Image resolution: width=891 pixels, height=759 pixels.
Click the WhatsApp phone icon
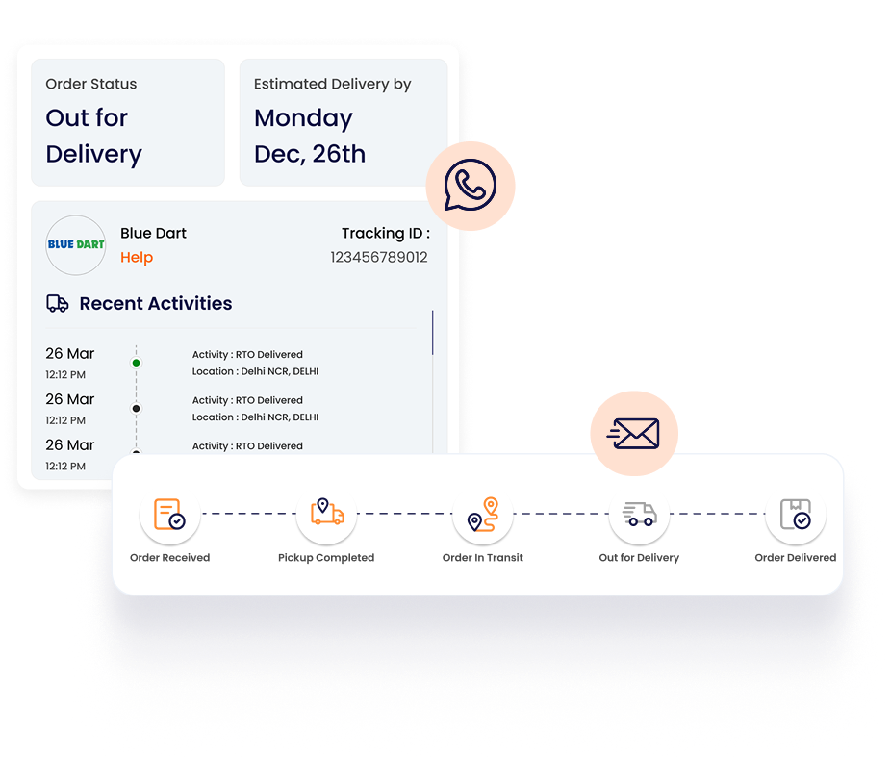[471, 186]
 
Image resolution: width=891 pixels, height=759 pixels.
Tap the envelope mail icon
[633, 434]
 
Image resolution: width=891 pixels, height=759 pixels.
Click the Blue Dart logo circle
[76, 244]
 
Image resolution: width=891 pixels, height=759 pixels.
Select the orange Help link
[137, 257]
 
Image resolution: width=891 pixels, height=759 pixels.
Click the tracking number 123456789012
[379, 257]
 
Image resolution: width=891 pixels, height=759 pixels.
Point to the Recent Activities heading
[155, 303]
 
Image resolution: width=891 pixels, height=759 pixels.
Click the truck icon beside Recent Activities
[58, 304]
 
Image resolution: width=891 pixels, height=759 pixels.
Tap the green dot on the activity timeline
[136, 363]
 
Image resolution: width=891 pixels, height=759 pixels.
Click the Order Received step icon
[169, 514]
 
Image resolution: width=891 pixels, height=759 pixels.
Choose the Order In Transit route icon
[483, 514]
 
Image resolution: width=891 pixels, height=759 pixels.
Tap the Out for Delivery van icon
[639, 514]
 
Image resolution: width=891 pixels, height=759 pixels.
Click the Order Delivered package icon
[796, 514]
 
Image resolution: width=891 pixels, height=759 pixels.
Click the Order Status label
[91, 84]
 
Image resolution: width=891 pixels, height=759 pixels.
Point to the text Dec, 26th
[310, 154]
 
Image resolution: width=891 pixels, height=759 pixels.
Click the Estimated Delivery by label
[332, 84]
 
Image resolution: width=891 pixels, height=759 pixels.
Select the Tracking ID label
[385, 233]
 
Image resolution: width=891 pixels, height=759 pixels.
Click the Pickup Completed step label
[326, 557]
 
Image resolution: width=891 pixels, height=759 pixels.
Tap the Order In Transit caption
[483, 557]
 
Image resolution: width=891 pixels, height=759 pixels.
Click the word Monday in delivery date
[303, 118]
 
